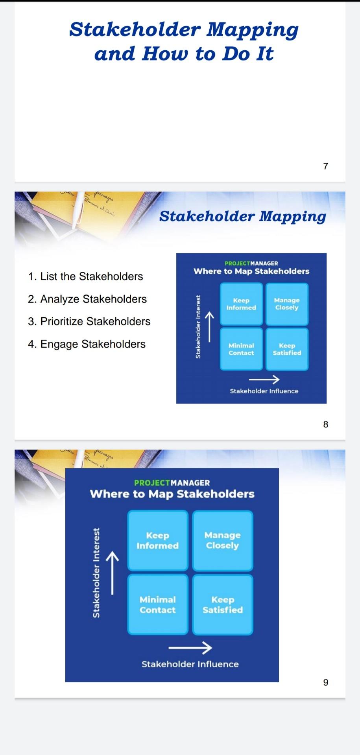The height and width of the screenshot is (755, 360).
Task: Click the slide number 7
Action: click(325, 166)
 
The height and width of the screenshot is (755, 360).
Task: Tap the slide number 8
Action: click(325, 424)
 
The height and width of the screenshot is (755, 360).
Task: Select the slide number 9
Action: click(325, 682)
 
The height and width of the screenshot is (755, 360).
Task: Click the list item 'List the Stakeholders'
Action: click(85, 276)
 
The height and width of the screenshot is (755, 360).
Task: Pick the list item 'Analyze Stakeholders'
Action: click(87, 299)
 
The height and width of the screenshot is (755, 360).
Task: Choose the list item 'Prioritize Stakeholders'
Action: click(89, 322)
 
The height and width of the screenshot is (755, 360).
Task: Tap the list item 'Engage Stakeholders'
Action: click(87, 344)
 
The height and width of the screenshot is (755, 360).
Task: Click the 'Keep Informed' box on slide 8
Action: click(241, 304)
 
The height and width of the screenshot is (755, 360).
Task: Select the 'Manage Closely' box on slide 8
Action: click(287, 304)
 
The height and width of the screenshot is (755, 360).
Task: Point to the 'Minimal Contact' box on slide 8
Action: click(241, 349)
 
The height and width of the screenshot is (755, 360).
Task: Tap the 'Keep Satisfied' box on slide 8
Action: click(287, 349)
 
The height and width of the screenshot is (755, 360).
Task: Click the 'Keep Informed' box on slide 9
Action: click(158, 541)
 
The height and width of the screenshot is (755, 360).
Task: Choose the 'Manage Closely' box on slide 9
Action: click(223, 541)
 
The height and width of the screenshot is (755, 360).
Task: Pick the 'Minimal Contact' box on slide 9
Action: click(158, 605)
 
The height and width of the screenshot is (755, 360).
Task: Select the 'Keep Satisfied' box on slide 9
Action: click(223, 605)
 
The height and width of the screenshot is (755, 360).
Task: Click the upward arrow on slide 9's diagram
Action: click(112, 573)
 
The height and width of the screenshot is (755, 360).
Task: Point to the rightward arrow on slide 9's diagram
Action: click(190, 647)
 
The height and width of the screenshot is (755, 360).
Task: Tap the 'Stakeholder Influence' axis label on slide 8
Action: click(264, 391)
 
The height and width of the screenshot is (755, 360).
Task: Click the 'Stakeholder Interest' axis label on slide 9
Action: click(96, 573)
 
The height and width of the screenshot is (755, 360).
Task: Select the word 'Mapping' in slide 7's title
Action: click(253, 30)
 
